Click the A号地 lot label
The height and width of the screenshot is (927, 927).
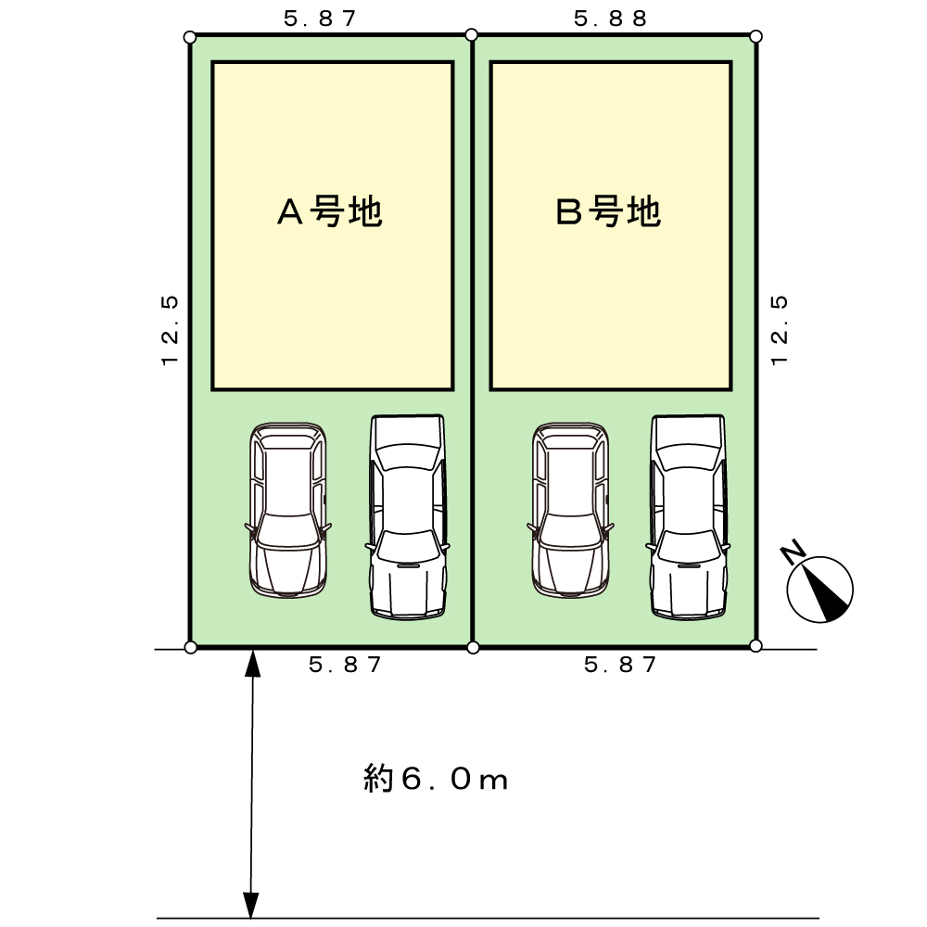point(331,213)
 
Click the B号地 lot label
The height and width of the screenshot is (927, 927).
point(607,213)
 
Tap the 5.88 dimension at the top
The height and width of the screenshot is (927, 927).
point(610,19)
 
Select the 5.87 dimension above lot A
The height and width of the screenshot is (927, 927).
point(321,19)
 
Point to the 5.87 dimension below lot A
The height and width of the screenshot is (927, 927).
point(345,665)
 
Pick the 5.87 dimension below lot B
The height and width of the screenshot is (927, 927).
point(621,665)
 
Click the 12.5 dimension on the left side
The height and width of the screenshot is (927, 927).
point(169,331)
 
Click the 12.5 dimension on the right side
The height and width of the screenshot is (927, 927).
point(780,331)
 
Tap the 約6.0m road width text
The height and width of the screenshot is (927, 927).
point(436,780)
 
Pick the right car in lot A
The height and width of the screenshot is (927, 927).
point(408,516)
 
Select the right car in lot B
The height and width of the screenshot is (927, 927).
point(689,516)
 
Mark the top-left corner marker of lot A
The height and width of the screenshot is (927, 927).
point(190,37)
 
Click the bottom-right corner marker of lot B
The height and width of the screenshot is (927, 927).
point(756,645)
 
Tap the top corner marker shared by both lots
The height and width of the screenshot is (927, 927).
point(472,35)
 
